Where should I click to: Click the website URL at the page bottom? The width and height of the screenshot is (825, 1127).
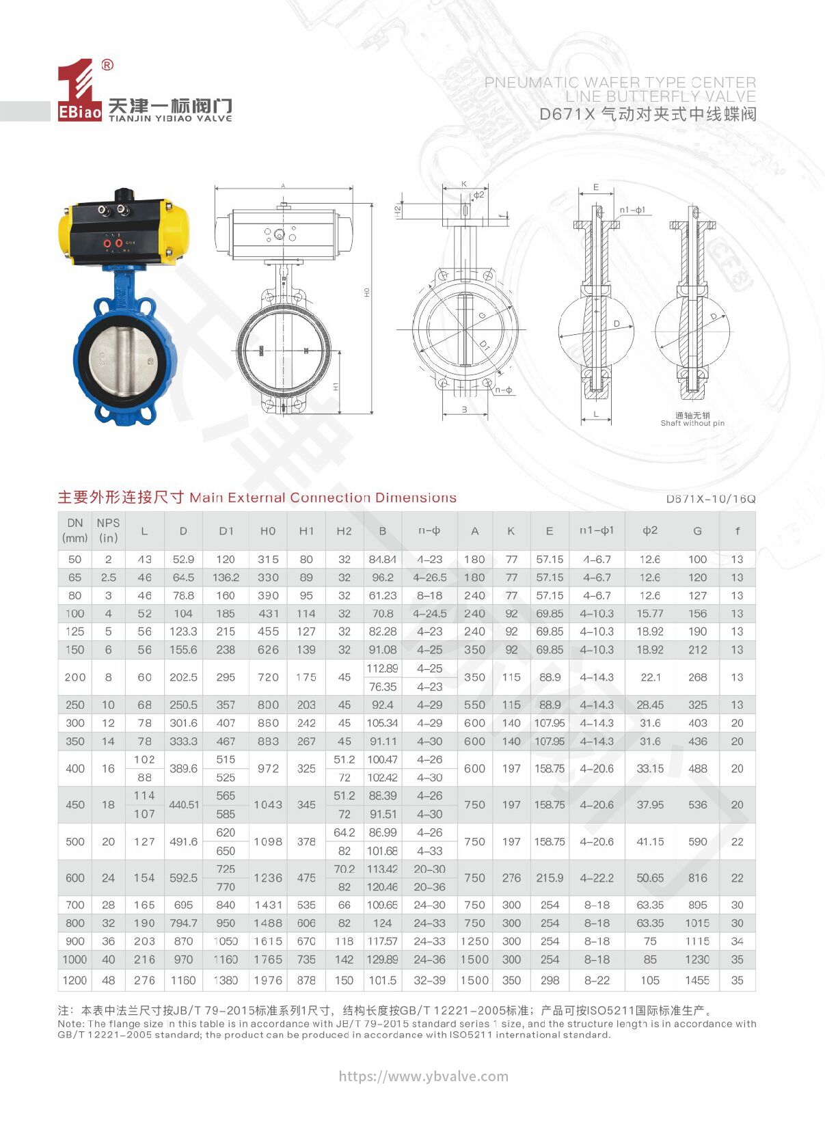(424, 1076)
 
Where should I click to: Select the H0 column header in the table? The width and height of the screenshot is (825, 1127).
(268, 531)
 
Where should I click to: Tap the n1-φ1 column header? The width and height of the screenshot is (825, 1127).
(597, 530)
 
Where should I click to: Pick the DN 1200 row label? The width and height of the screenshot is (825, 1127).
(75, 980)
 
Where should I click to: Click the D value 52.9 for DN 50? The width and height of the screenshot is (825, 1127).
(183, 559)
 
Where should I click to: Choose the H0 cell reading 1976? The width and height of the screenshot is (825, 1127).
(268, 980)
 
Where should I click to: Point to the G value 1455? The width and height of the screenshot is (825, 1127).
(697, 980)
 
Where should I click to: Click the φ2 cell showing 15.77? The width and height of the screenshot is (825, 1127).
(650, 613)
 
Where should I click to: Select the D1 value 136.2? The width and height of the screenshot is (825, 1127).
(226, 577)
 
